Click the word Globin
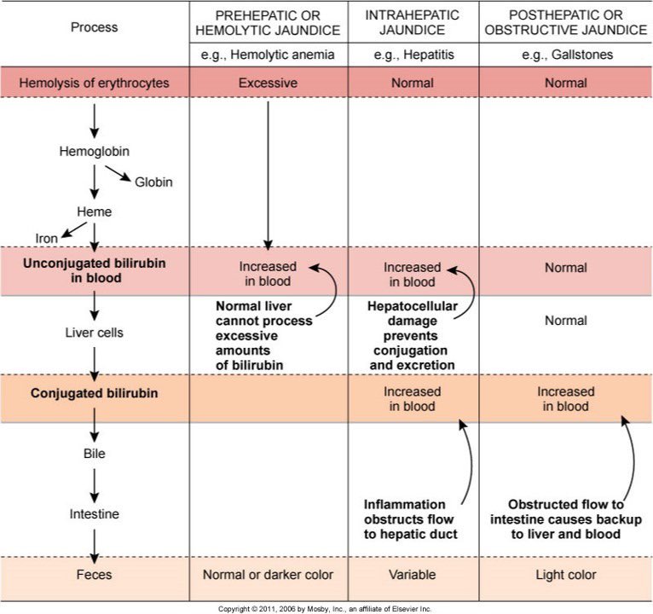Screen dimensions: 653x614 click(x=153, y=182)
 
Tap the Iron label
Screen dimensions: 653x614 click(x=46, y=238)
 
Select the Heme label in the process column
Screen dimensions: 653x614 click(x=94, y=211)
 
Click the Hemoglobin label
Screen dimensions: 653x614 click(x=94, y=151)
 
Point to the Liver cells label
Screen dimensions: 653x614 click(x=94, y=333)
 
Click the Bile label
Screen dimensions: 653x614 click(x=94, y=453)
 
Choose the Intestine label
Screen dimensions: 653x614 click(x=94, y=513)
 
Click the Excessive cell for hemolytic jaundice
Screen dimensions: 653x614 click(x=268, y=83)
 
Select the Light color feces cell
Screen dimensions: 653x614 click(x=565, y=575)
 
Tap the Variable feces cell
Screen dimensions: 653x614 click(x=413, y=575)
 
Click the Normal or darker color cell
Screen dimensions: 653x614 click(x=268, y=575)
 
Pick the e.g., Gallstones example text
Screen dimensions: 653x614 click(x=567, y=55)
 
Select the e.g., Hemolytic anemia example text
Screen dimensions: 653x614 click(x=268, y=55)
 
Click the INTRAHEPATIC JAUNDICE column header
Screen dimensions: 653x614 click(x=413, y=22)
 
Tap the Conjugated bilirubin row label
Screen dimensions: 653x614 click(x=94, y=393)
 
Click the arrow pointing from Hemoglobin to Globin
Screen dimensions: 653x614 click(x=118, y=173)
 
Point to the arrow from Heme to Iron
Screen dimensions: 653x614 click(x=74, y=229)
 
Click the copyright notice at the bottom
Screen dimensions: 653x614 click(x=325, y=609)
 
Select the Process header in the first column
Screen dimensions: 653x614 click(x=94, y=27)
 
